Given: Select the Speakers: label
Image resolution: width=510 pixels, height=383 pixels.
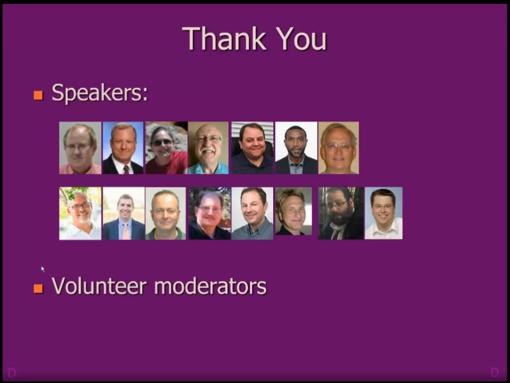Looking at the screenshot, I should coord(100,92).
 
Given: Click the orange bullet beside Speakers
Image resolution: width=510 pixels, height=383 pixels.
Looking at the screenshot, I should coord(38,95).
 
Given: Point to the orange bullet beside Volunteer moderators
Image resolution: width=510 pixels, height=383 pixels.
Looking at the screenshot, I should coord(38,288).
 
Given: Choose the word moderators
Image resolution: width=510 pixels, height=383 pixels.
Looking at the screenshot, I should coord(210,285).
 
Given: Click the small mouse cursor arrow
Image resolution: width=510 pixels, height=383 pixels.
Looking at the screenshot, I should coord(43,269).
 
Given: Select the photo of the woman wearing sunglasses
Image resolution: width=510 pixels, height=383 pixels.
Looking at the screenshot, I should coord(166,148).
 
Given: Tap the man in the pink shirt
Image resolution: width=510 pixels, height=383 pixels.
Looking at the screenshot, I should coord(80,148).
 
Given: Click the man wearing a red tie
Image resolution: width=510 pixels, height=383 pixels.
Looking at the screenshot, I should coord(123,148).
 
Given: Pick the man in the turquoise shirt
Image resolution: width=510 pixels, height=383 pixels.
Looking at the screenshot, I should coord(208,148).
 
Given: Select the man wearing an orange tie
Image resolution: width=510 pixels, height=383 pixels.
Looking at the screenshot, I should coord(124,213).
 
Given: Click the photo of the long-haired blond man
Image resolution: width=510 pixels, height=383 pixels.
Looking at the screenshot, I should coord(293,211).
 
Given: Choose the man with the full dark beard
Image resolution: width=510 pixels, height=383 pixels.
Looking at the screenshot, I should coord(341,213).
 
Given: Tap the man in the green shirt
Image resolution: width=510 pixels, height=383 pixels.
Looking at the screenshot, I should coord(166,213).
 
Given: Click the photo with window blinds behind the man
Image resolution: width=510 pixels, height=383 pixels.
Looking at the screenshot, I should coord(252,148).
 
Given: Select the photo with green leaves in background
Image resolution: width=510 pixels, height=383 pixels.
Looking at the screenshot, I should coord(80,213).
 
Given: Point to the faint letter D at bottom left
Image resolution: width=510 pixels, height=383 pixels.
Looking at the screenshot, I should coord(12,373).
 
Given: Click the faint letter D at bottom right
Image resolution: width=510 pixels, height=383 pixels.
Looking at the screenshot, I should coord(494,372).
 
